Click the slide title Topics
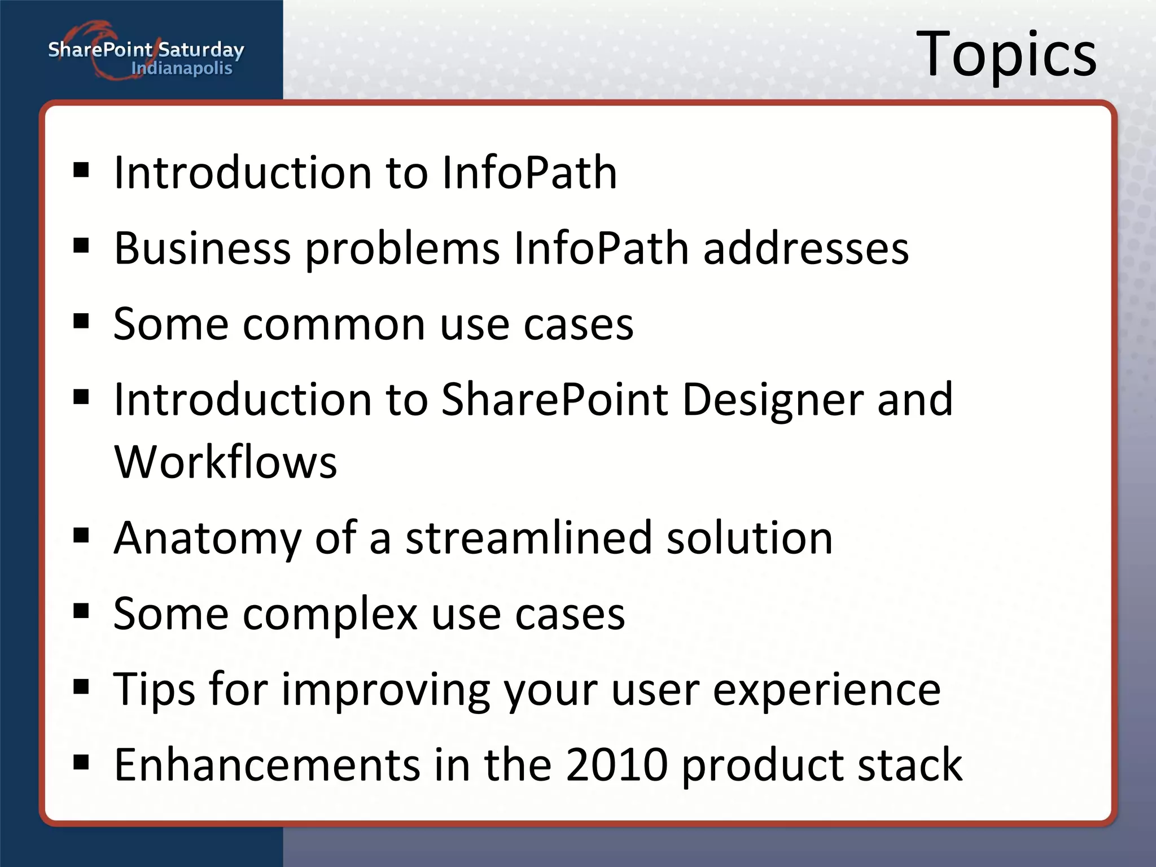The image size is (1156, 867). pyautogui.click(x=1006, y=55)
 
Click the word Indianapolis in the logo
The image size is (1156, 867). pyautogui.click(x=182, y=69)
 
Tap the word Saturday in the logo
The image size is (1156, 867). pyautogui.click(x=201, y=50)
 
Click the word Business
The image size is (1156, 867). pyautogui.click(x=202, y=248)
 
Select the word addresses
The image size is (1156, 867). pyautogui.click(x=806, y=248)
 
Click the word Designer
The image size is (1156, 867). pyautogui.click(x=773, y=400)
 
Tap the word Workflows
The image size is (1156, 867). pyautogui.click(x=226, y=462)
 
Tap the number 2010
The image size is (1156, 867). pyautogui.click(x=616, y=765)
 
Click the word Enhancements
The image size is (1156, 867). pyautogui.click(x=267, y=765)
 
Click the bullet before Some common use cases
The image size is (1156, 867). pyautogui.click(x=81, y=322)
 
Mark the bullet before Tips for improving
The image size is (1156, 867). pyautogui.click(x=81, y=687)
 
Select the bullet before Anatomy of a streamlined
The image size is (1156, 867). pyautogui.click(x=81, y=535)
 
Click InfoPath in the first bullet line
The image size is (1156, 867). pyautogui.click(x=529, y=172)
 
